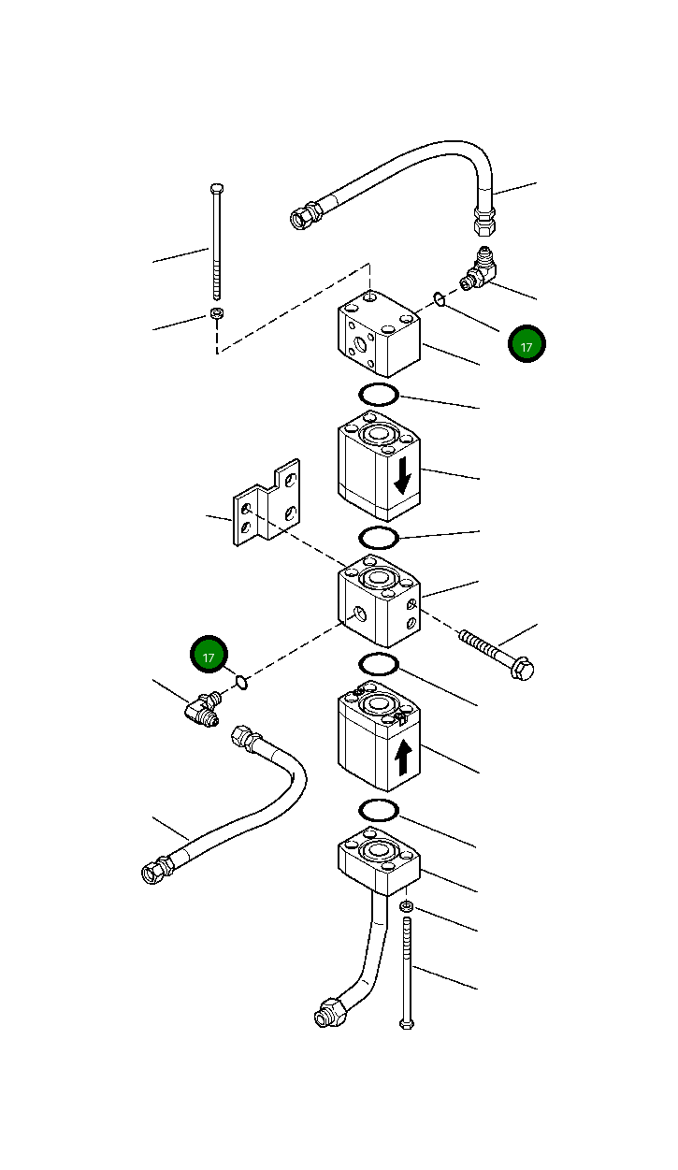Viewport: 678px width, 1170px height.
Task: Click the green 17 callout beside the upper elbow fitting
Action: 527,345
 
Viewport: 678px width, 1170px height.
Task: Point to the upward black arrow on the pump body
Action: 403,756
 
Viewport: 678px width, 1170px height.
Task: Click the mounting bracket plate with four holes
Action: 267,504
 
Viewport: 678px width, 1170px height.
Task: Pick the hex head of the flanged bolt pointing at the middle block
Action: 522,669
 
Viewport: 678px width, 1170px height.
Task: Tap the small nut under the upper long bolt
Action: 217,313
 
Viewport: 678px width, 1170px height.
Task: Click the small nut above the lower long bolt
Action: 406,906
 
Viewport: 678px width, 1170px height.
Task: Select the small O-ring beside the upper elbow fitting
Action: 439,299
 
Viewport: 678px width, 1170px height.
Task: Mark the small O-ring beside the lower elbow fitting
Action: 241,682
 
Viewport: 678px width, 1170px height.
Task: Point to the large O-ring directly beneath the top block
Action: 379,394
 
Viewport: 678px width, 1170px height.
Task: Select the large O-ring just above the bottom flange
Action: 379,808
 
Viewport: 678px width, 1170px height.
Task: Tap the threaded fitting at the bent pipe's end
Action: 330,1012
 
